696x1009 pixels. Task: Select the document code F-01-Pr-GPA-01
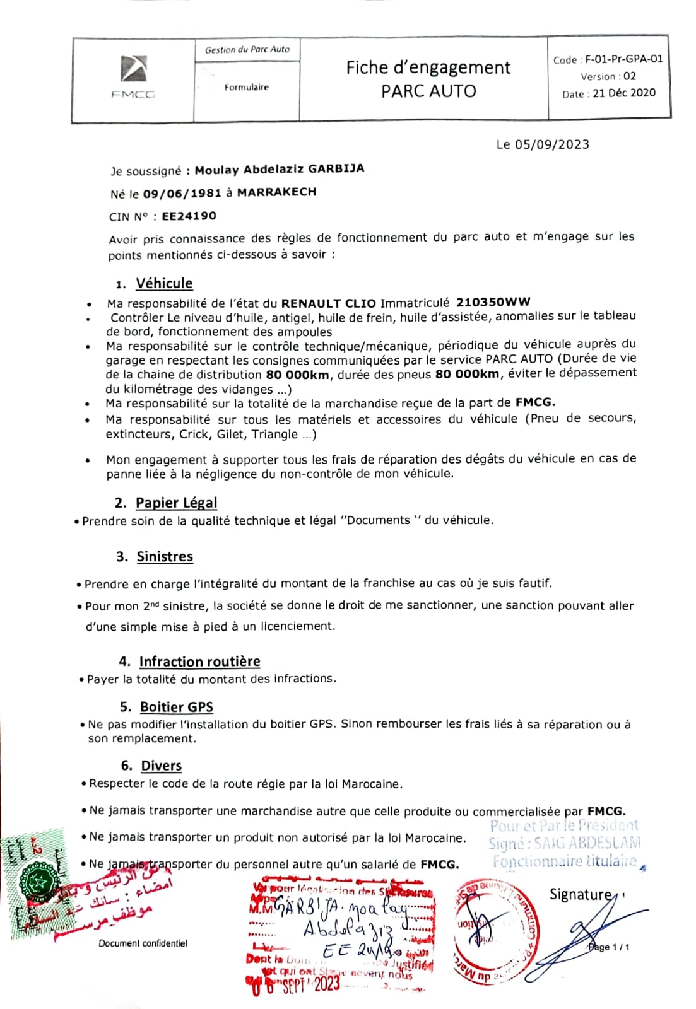point(623,59)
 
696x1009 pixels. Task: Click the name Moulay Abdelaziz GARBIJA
point(279,170)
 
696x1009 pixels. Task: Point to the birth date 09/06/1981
point(182,194)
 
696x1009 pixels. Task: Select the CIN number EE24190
point(189,216)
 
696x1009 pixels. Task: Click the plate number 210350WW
point(493,302)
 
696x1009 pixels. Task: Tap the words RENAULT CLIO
point(328,303)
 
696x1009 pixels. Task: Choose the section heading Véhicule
point(164,284)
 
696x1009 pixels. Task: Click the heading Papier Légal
point(176,503)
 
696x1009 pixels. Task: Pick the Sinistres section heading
point(165,556)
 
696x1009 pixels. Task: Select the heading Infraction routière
point(199,662)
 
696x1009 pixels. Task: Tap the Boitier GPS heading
point(177,707)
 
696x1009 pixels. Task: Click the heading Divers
point(161,766)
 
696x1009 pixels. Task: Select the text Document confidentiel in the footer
point(143,943)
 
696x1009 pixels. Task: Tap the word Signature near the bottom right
point(580,894)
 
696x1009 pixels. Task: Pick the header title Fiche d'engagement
point(428,67)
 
